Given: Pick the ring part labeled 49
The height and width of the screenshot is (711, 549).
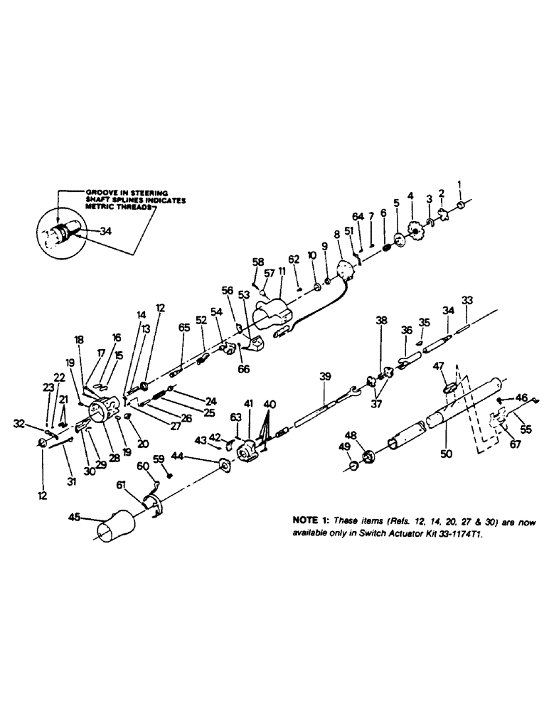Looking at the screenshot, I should pos(353,466).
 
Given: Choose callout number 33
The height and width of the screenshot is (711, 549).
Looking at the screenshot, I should pos(467,301).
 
